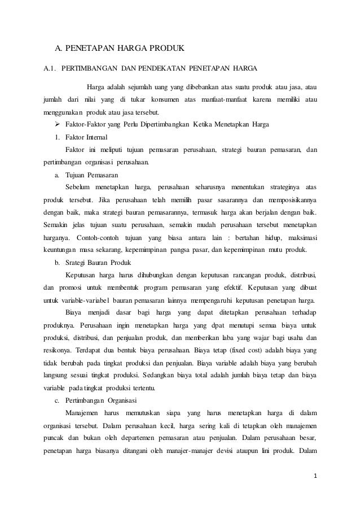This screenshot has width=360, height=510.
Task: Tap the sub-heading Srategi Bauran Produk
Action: [x=99, y=263]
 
